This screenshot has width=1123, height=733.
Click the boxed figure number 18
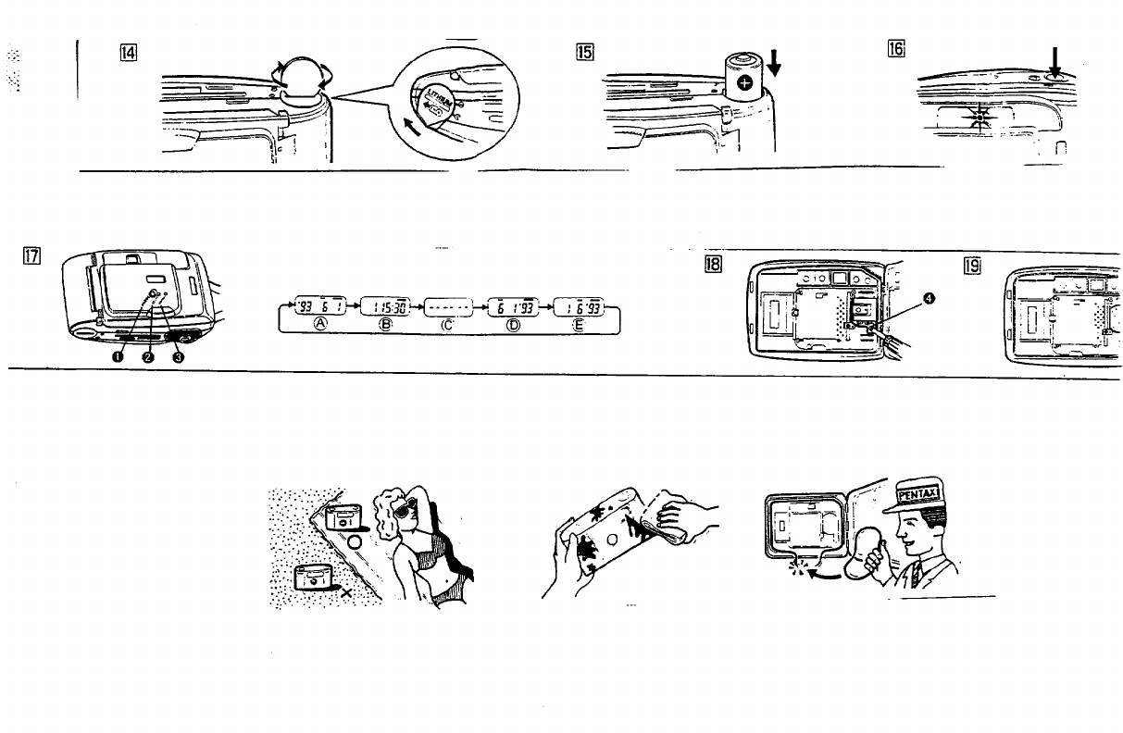(712, 265)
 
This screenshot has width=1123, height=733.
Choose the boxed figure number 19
(971, 265)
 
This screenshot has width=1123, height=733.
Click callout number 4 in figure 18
(929, 297)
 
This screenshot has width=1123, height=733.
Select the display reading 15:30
(380, 307)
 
